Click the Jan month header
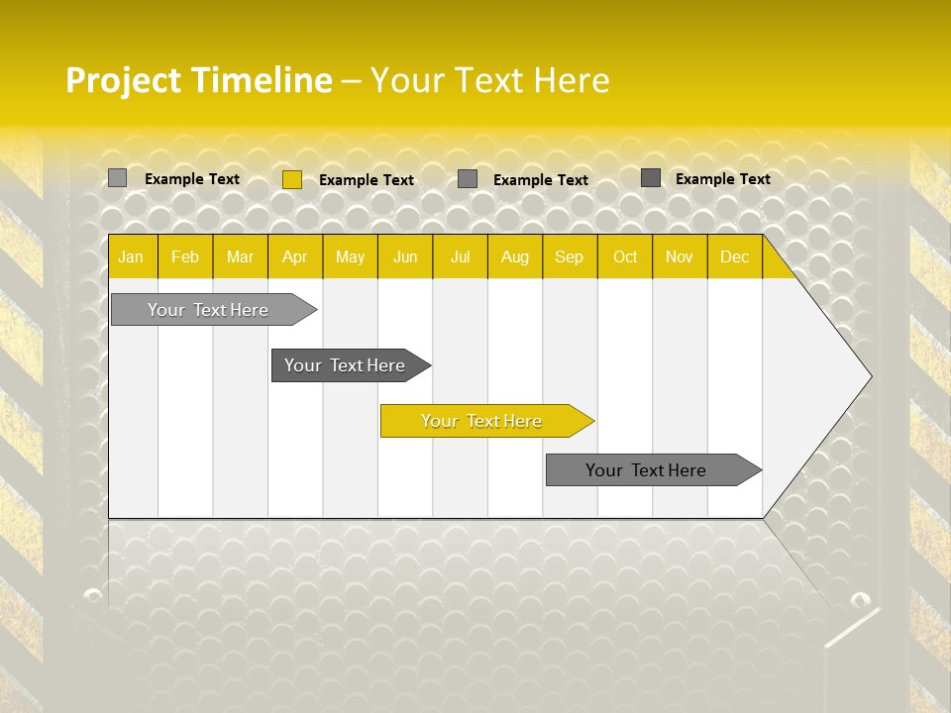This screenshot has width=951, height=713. click(131, 256)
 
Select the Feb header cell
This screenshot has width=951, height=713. click(185, 256)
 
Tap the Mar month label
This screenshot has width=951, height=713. click(240, 256)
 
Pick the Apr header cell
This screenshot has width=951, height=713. click(295, 256)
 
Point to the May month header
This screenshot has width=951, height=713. click(350, 256)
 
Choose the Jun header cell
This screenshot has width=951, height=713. click(405, 256)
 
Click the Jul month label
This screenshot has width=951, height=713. click(460, 256)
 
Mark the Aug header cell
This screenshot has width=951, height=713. click(515, 256)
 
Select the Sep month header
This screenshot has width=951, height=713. click(570, 256)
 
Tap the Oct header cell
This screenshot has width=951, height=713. click(625, 256)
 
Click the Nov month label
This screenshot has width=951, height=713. click(680, 256)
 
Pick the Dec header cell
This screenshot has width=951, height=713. click(735, 256)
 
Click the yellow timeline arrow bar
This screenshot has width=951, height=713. click(485, 421)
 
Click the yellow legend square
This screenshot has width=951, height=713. click(292, 179)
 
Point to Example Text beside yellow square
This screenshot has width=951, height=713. click(367, 180)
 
